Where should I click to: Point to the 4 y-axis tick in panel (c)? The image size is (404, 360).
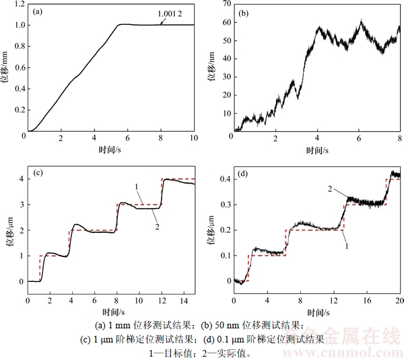click(20, 179)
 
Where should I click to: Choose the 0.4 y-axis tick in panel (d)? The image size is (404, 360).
click(220, 179)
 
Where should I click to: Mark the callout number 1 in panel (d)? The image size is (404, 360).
click(346, 246)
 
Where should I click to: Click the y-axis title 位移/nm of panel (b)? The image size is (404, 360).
click(210, 67)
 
